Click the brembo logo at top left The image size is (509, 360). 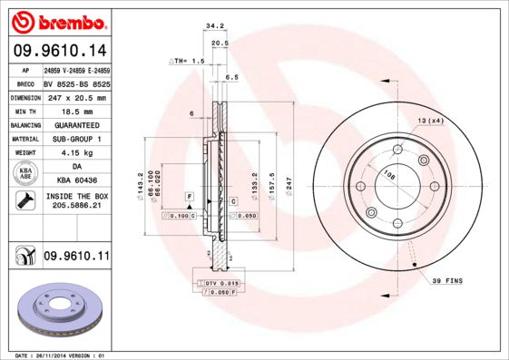[x=57, y=21]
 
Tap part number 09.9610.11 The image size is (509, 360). [x=75, y=258]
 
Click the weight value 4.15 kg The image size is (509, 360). [x=76, y=153]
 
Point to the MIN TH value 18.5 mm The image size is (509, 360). [x=76, y=111]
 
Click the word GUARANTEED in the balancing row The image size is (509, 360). [x=76, y=124]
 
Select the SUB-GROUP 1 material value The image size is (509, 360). [x=76, y=139]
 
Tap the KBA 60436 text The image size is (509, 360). [x=76, y=181]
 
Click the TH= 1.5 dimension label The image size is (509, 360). [x=188, y=60]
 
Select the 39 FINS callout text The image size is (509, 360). [x=446, y=281]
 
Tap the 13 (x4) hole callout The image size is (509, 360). [x=430, y=121]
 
